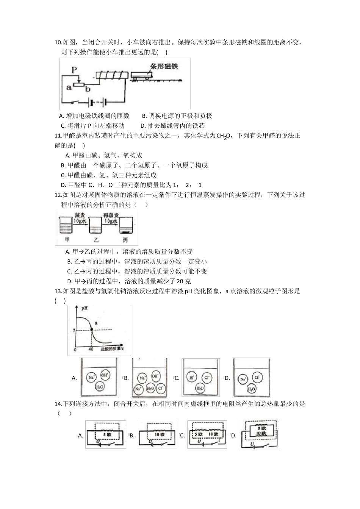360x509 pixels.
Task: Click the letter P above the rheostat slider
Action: coord(74,70)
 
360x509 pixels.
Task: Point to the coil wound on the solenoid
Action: coord(111,75)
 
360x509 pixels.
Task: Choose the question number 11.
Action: coord(58,136)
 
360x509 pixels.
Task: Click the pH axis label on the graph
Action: coord(84,308)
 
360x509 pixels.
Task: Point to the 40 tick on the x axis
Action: coord(91,349)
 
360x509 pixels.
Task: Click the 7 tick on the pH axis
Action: coord(75,330)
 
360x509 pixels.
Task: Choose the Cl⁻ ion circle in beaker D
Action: coord(256,377)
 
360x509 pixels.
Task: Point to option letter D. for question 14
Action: coord(233,436)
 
